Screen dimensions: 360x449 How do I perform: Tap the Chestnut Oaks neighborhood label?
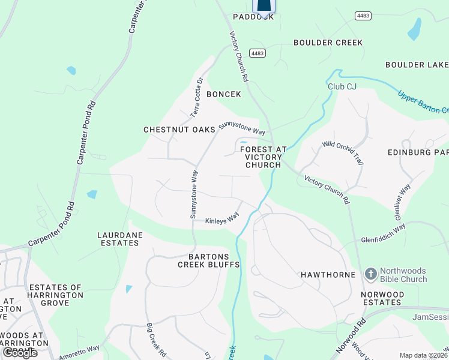178,130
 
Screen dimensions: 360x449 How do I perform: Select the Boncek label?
224,94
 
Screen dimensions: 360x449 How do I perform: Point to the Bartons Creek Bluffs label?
209,260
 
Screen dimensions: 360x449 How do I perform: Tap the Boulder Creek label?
328,43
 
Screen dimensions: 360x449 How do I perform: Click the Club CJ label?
342,86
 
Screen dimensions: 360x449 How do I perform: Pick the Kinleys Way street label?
222,221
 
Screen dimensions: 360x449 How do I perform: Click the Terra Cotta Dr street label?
197,97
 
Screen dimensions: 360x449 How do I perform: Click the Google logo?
20,353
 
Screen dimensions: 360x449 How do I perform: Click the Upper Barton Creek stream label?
423,102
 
